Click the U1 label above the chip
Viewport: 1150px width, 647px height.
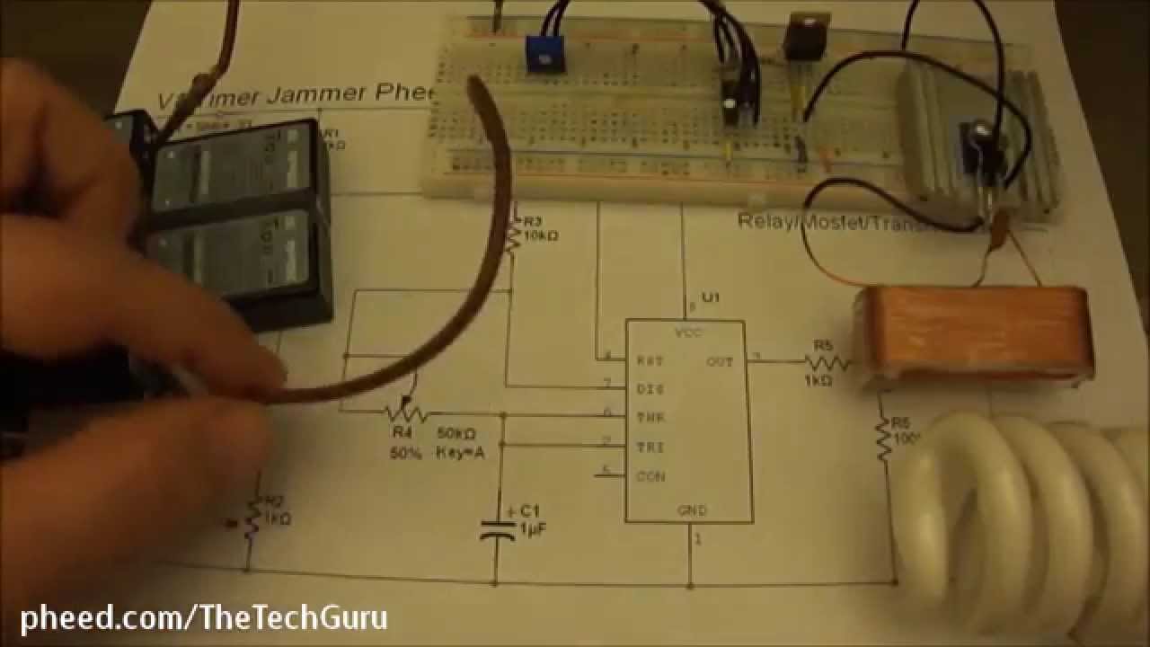click(x=712, y=297)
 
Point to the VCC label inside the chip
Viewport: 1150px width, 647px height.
click(x=689, y=332)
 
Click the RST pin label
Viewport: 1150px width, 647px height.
click(x=650, y=360)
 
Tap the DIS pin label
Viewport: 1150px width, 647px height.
click(x=650, y=389)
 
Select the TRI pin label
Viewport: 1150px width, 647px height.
click(x=650, y=447)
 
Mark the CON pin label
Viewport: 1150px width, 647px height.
click(x=650, y=475)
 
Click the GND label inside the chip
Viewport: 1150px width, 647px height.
click(x=693, y=510)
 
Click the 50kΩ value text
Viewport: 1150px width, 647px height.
click(x=456, y=434)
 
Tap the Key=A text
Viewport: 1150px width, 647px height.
click(x=460, y=453)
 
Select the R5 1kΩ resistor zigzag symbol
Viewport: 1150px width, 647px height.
click(x=826, y=362)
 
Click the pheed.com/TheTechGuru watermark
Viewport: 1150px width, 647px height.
click(x=204, y=617)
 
